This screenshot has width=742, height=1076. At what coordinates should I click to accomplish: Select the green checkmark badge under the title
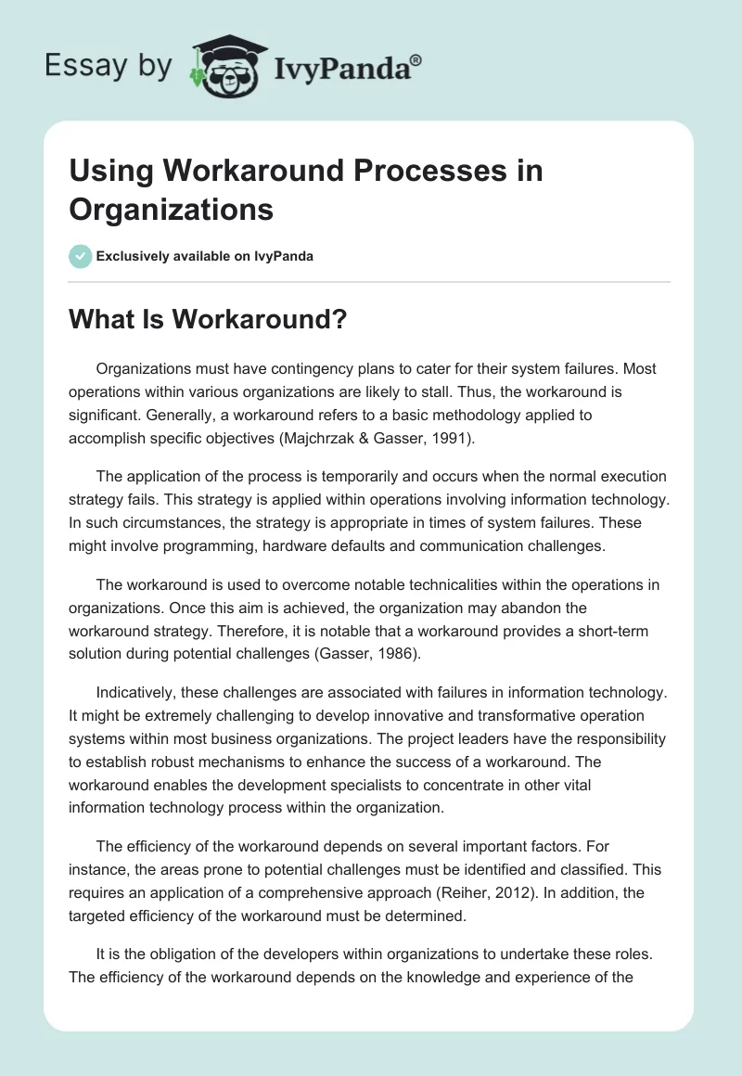point(81,256)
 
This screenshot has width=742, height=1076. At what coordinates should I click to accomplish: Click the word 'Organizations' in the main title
point(171,210)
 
